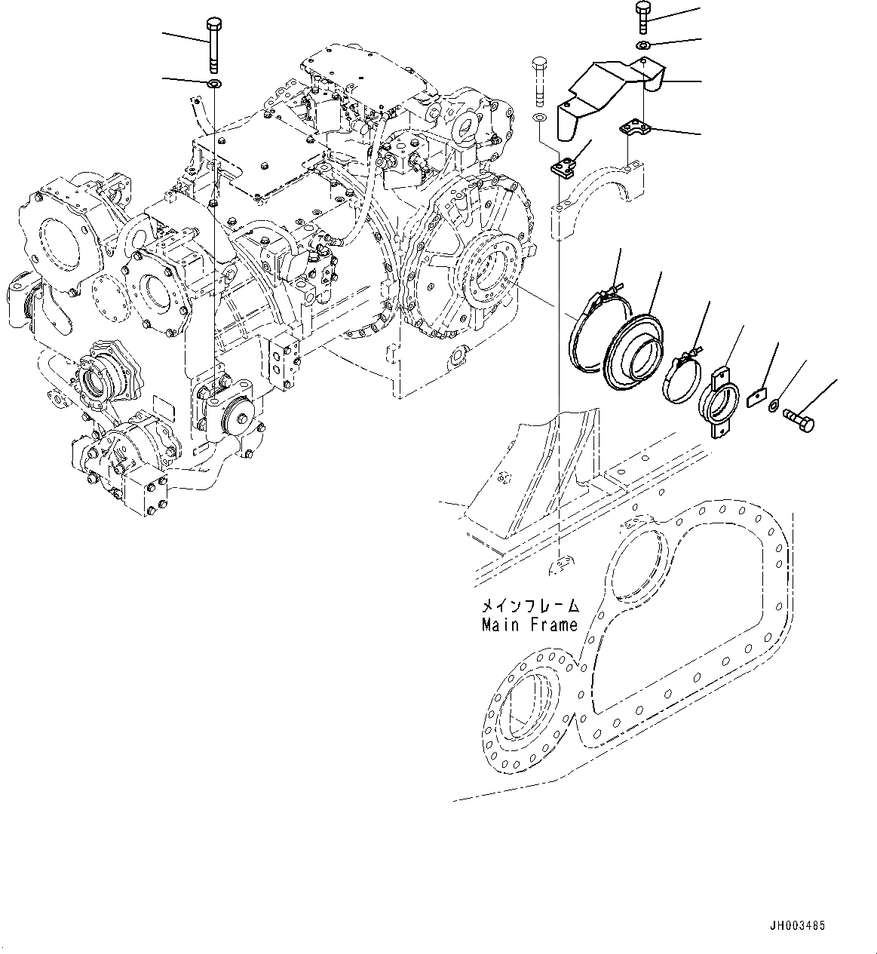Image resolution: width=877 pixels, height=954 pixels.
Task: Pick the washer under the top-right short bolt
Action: (642, 47)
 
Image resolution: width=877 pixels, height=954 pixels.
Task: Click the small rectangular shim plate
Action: (756, 397)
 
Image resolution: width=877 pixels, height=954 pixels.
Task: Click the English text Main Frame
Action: (529, 624)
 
